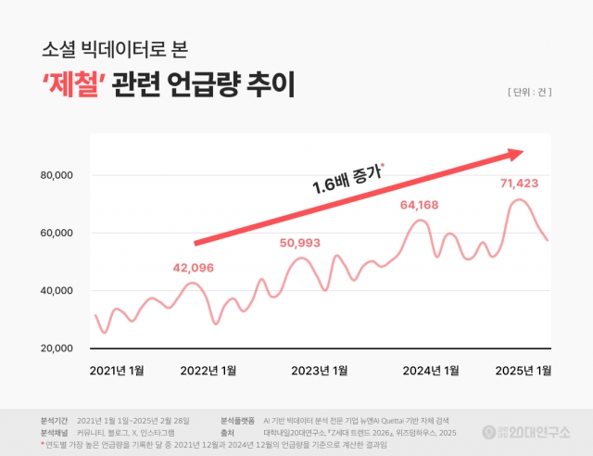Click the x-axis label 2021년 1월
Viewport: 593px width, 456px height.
coord(117,371)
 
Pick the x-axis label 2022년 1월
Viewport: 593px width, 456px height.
coord(209,371)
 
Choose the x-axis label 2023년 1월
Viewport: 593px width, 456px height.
coord(320,371)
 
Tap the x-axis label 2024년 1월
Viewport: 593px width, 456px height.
coord(431,371)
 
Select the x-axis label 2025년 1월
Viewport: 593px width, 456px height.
coord(523,371)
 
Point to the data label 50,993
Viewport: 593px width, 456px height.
coord(300,243)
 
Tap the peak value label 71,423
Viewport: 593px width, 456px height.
coord(519,183)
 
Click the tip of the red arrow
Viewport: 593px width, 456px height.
coord(523,153)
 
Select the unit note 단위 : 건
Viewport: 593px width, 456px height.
coord(531,92)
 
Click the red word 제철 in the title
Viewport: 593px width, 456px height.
coord(73,86)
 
